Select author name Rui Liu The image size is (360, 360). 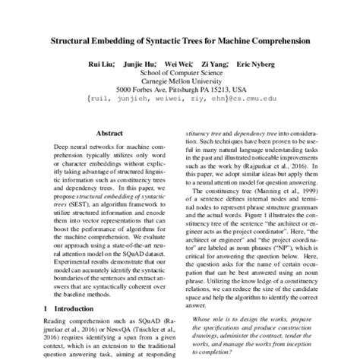click(102, 66)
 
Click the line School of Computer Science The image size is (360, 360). click(180, 76)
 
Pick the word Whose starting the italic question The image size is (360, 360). click(204, 320)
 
